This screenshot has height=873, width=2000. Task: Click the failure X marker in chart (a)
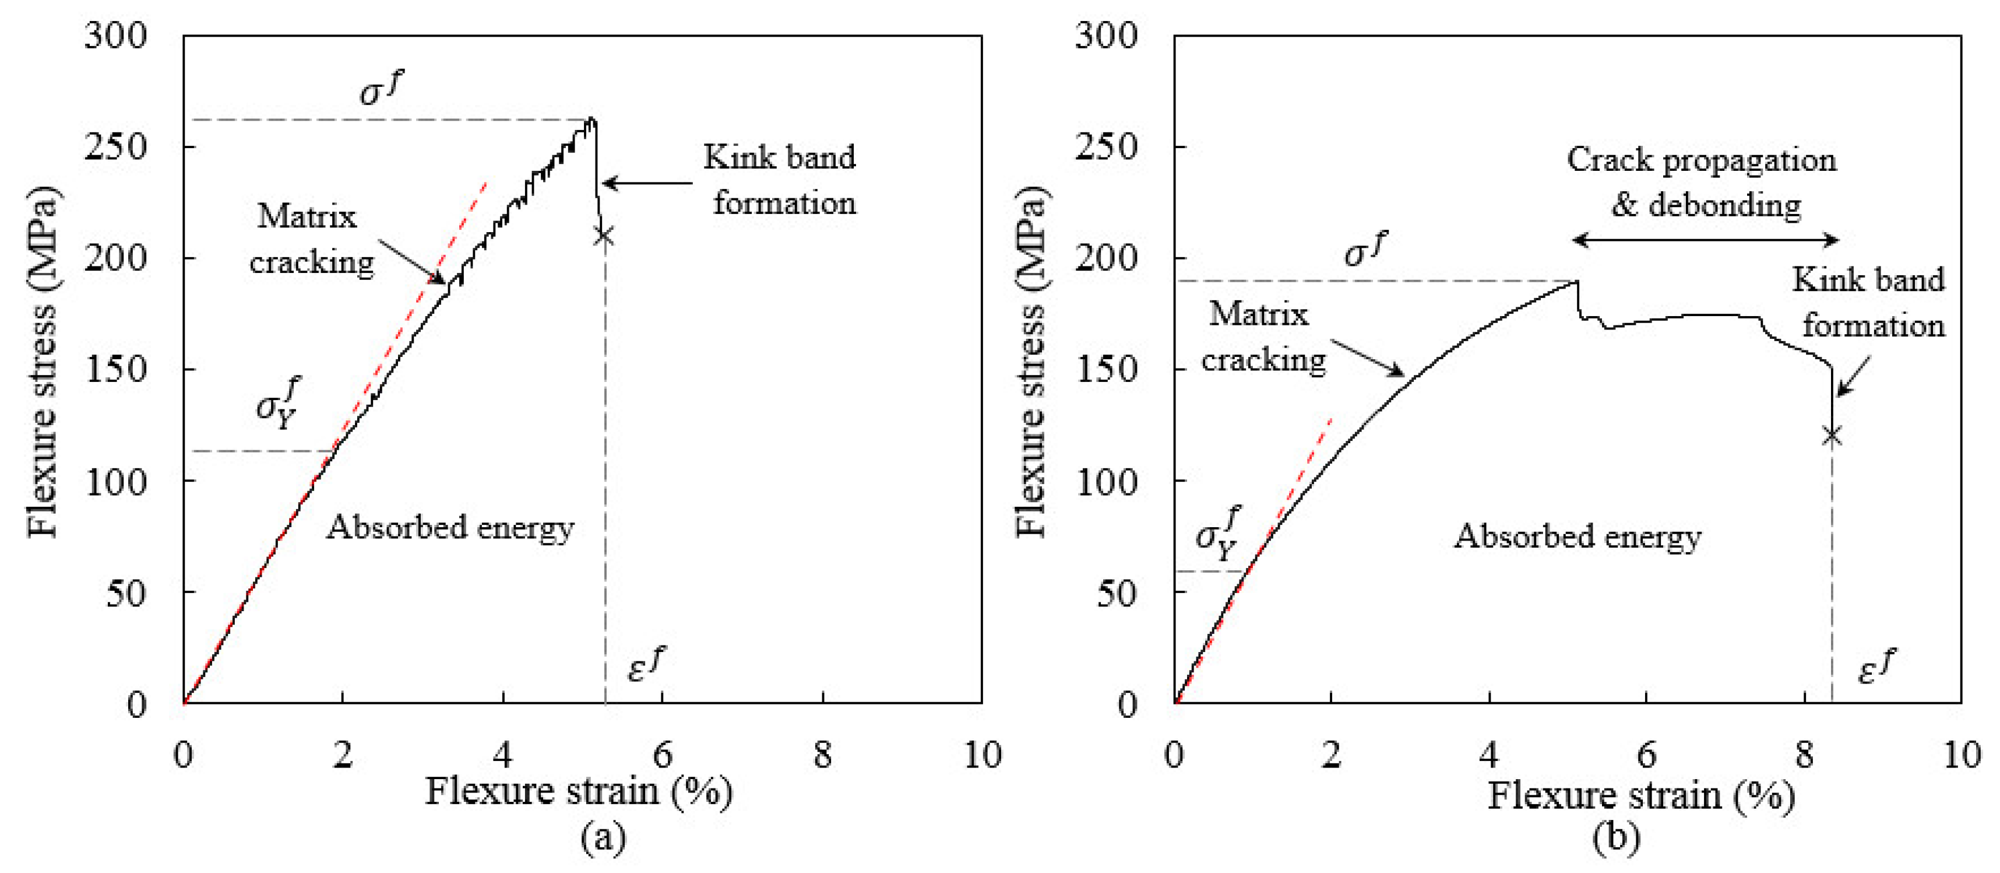coord(603,236)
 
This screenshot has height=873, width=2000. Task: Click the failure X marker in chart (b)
coord(1832,435)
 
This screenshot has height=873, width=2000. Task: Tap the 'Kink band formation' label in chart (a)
coord(780,180)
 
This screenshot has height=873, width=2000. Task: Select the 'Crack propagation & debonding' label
coord(1702,182)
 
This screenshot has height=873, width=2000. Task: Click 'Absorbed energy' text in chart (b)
coord(1577,536)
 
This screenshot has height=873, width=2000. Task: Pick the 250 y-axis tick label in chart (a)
coord(115,146)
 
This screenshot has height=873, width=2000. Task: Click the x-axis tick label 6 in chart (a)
coord(662,754)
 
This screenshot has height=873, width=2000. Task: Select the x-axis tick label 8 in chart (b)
coord(1804,754)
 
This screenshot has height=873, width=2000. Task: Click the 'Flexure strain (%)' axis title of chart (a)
coord(579,791)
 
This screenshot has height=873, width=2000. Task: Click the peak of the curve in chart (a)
coord(591,119)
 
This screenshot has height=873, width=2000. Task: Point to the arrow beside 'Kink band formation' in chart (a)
coord(647,183)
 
